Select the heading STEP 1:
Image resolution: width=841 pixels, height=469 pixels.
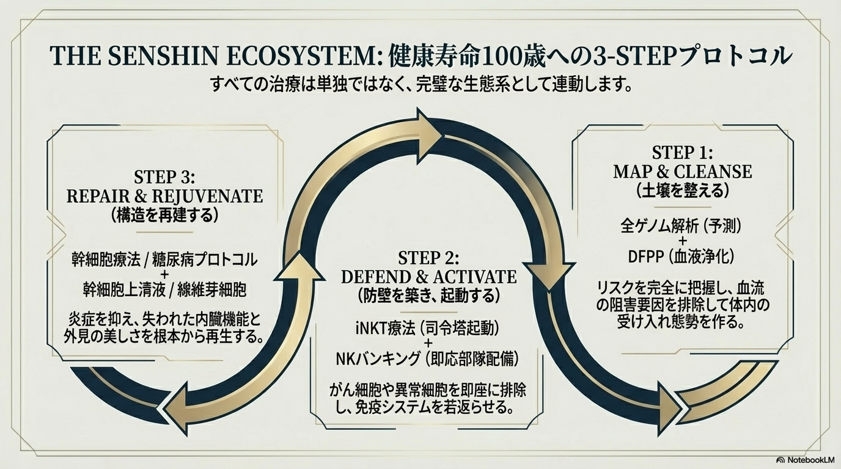coord(682,152)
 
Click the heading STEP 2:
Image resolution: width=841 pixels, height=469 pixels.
coord(428,257)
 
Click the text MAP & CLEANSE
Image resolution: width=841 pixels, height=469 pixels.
coord(682,171)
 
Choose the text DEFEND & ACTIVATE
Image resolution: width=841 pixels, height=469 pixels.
coord(428,277)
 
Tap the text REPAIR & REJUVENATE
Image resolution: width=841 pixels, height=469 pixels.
coord(164,196)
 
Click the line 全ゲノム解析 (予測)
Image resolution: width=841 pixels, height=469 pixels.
coord(682,227)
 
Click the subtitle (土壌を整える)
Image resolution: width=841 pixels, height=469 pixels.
coord(682,191)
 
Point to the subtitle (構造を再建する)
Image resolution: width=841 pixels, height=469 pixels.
coord(164,216)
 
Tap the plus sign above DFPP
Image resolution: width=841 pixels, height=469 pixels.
coord(682,242)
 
